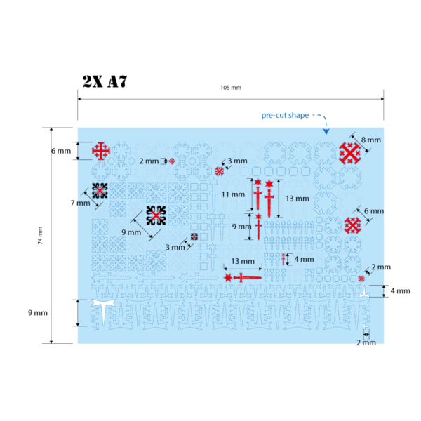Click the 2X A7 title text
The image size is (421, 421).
click(x=105, y=81)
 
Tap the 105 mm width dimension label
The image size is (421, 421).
click(x=231, y=88)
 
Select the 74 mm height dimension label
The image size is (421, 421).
click(x=40, y=236)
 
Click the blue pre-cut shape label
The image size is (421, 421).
click(x=285, y=116)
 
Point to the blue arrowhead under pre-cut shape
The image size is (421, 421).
click(x=326, y=131)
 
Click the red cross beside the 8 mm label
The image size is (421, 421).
click(x=350, y=153)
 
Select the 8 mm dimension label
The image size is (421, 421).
click(x=370, y=140)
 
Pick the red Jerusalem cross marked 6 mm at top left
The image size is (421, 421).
click(x=101, y=151)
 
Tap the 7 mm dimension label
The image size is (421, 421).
click(x=80, y=203)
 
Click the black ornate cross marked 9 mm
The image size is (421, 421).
click(x=156, y=215)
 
